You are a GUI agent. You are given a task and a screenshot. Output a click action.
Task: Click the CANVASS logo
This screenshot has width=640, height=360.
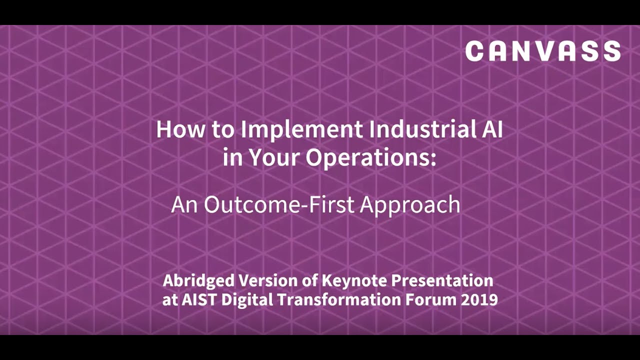click(x=543, y=51)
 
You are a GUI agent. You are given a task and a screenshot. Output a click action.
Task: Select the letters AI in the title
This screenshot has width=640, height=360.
click(x=490, y=129)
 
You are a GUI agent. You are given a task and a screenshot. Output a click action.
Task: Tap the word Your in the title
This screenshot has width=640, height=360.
click(x=273, y=158)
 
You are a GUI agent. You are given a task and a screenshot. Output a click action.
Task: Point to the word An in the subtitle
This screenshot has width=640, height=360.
click(x=184, y=204)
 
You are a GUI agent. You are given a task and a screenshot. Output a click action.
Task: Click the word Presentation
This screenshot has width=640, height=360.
click(x=442, y=280)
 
